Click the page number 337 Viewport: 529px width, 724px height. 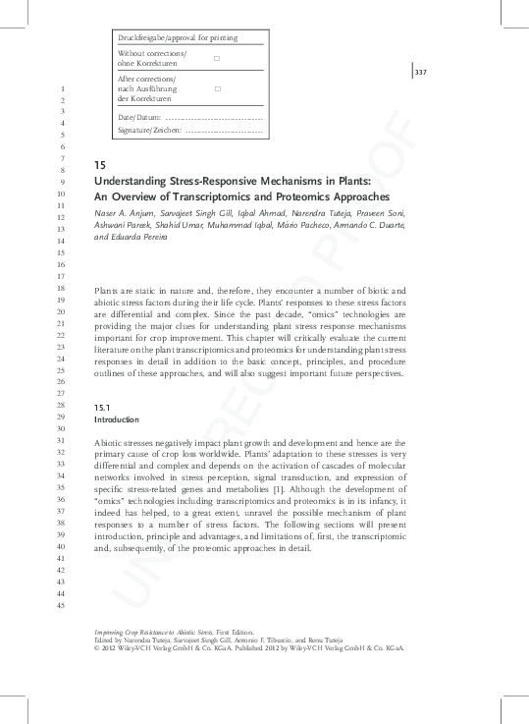click(x=420, y=73)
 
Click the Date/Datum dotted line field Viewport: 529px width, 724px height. click(x=209, y=116)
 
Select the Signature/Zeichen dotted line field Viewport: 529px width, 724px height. click(x=224, y=129)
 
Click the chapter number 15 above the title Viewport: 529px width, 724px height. click(x=99, y=165)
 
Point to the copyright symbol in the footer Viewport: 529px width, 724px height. click(x=96, y=649)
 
